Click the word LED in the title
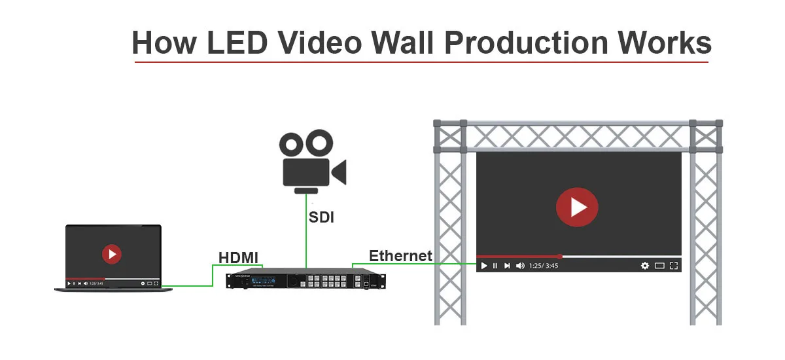pos(237,43)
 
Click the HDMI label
pos(239,257)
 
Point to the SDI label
pos(321,217)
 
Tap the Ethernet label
pos(400,255)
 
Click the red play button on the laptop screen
pos(112,253)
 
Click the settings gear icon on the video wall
pos(645,266)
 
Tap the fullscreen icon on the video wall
pos(674,266)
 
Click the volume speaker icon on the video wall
pos(520,266)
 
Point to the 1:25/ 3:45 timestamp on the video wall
pos(543,266)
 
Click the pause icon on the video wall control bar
pos(495,266)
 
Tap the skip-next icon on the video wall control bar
pos(507,266)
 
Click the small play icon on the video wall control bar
pos(484,266)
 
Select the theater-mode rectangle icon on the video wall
pos(659,266)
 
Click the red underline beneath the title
pos(421,62)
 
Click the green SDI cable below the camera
pos(306,242)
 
